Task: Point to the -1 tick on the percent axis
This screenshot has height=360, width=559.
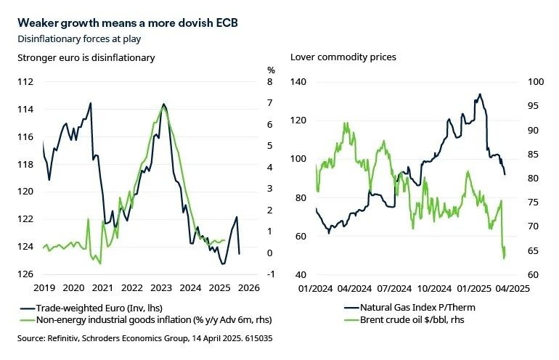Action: [x=270, y=274]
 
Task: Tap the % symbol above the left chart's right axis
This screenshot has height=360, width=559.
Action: [x=271, y=70]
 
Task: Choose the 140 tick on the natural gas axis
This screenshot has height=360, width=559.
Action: [x=298, y=83]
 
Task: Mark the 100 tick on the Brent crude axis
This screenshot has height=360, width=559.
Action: [x=524, y=83]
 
